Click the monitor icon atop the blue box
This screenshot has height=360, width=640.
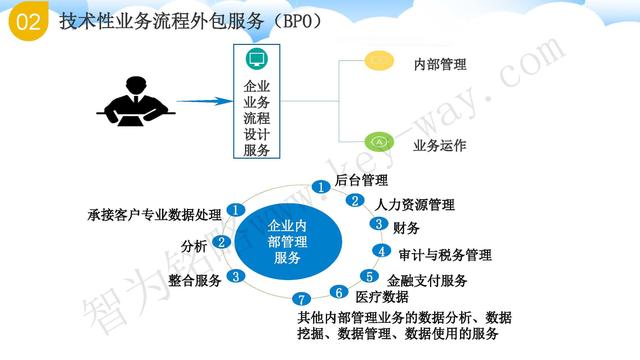pos(257,59)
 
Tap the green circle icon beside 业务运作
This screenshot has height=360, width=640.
pos(378,141)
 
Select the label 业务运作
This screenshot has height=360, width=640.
pos(440,145)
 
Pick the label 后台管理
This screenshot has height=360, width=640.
pos(362,181)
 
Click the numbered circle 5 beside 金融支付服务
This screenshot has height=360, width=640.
pos(369,277)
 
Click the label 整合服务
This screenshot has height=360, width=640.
pos(194,279)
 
